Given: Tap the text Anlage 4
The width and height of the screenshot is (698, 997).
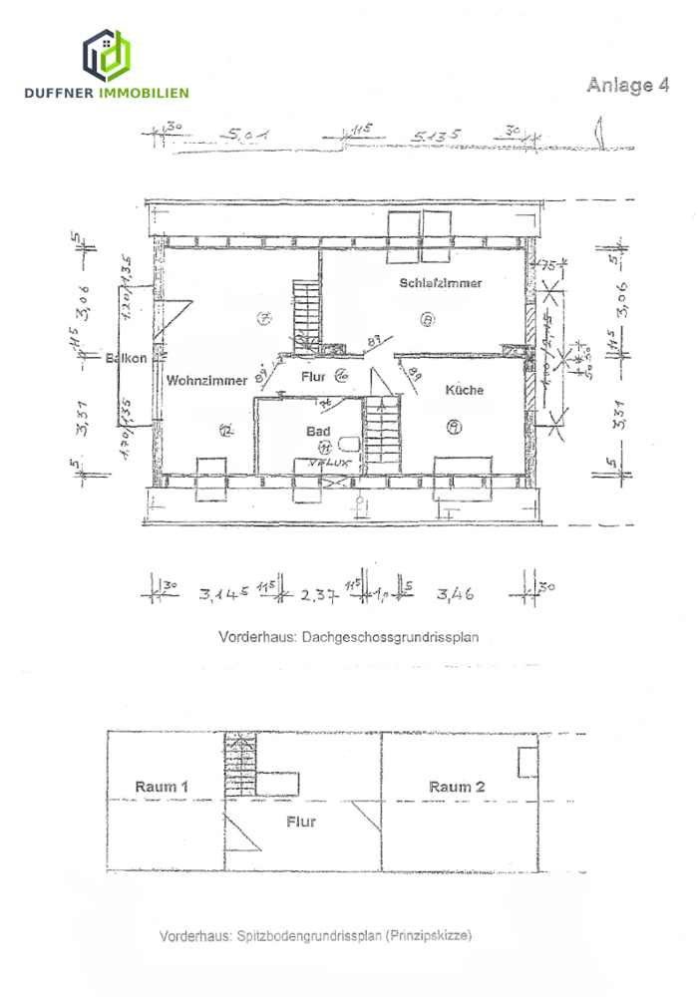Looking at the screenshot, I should pyautogui.click(x=627, y=86).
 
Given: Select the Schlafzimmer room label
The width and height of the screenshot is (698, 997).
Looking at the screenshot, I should pyautogui.click(x=441, y=283).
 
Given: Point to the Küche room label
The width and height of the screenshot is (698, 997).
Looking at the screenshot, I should pyautogui.click(x=464, y=390).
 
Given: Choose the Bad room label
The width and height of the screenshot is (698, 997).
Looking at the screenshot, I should pyautogui.click(x=318, y=432).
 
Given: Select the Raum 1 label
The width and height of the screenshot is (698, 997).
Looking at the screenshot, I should pyautogui.click(x=162, y=787).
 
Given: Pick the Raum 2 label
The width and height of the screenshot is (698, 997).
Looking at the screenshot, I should pyautogui.click(x=457, y=787).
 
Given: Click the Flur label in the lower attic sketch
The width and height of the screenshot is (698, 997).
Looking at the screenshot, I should pyautogui.click(x=300, y=822).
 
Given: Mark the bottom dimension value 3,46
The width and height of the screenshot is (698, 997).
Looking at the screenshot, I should pyautogui.click(x=455, y=595).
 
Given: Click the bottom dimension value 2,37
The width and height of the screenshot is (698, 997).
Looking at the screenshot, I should pyautogui.click(x=319, y=595).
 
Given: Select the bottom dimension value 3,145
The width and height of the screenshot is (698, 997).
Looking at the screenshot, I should pyautogui.click(x=223, y=595).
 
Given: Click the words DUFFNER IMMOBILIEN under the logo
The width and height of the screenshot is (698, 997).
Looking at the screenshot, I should pyautogui.click(x=106, y=93).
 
